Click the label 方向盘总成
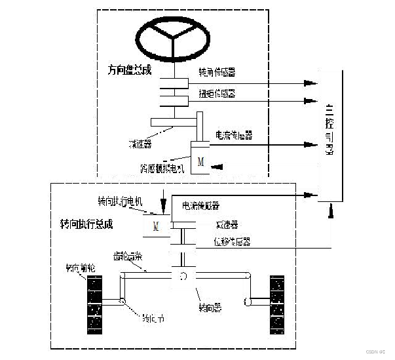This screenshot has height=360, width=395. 130,69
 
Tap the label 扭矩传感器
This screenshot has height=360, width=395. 216,94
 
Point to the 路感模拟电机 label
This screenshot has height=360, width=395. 162,169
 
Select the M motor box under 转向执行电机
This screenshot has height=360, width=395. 156,226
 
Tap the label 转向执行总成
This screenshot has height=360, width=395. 82,224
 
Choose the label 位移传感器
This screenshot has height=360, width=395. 233,241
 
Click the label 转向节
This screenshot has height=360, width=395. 153,319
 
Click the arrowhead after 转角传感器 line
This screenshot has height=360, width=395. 310,83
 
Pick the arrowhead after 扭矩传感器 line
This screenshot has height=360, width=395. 310,102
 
